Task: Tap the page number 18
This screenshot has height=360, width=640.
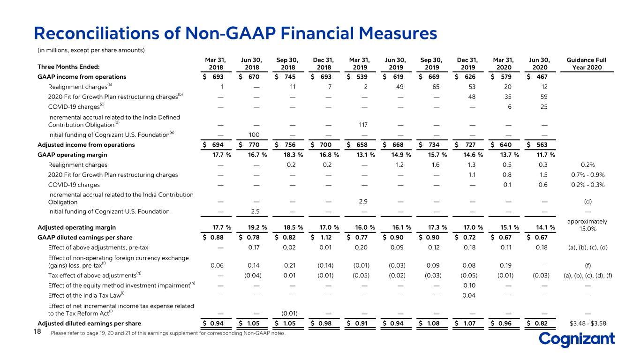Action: [x=38, y=331]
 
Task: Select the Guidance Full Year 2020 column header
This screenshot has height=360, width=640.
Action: [x=587, y=64]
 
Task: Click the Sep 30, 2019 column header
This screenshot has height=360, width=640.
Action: [x=431, y=64]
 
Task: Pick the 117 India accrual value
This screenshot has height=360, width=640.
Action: [x=363, y=125]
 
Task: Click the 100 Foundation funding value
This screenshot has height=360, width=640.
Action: [x=254, y=135]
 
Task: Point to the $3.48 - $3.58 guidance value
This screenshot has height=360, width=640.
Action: [x=587, y=323]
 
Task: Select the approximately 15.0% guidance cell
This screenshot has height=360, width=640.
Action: [x=587, y=225]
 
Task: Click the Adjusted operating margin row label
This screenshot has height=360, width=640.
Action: [x=76, y=227]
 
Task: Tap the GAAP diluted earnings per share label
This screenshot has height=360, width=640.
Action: [x=85, y=238]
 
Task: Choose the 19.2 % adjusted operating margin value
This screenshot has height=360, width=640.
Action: [x=257, y=227]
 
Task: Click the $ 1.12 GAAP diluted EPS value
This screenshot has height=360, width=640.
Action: [x=321, y=238]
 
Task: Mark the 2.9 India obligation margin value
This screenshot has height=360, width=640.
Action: [x=363, y=202]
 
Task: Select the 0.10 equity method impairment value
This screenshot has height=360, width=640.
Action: [x=469, y=285]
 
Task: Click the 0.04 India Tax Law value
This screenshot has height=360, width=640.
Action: [x=469, y=295]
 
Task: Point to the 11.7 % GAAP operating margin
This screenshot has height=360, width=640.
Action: [x=545, y=155]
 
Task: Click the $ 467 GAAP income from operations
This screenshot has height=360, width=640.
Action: [x=537, y=77]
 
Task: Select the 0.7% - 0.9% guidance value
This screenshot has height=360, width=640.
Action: [x=587, y=175]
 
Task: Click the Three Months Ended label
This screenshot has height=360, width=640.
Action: [x=68, y=67]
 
